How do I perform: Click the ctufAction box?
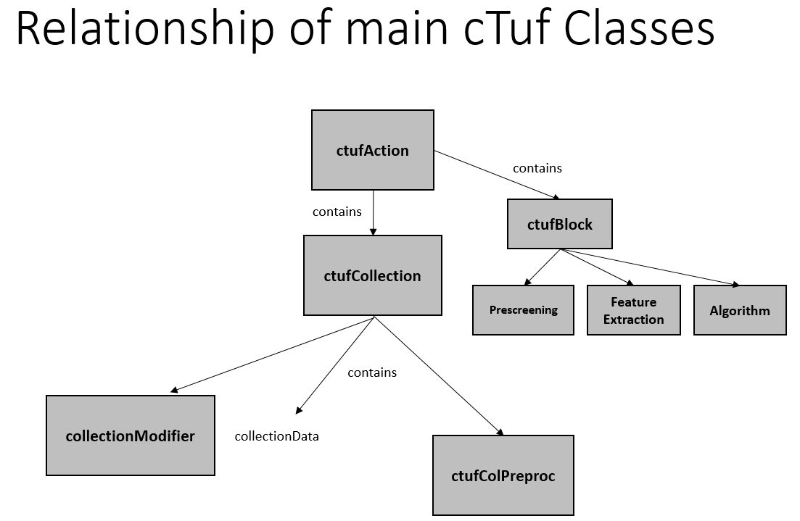[372, 150]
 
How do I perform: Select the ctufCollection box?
[372, 275]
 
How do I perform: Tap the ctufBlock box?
[559, 224]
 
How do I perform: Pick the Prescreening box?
[523, 310]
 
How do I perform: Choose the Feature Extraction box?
[633, 310]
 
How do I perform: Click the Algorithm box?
[739, 310]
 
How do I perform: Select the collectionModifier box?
[130, 435]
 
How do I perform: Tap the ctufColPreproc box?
[503, 475]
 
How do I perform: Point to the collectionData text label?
[276, 436]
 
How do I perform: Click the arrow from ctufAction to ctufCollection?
[373, 212]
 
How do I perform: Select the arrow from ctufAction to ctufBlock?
[498, 175]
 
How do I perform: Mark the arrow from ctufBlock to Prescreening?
[542, 267]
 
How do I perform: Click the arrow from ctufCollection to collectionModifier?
[272, 354]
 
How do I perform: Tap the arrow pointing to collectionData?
[334, 365]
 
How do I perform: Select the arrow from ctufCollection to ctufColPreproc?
[437, 375]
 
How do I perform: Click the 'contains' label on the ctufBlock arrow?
[537, 168]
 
